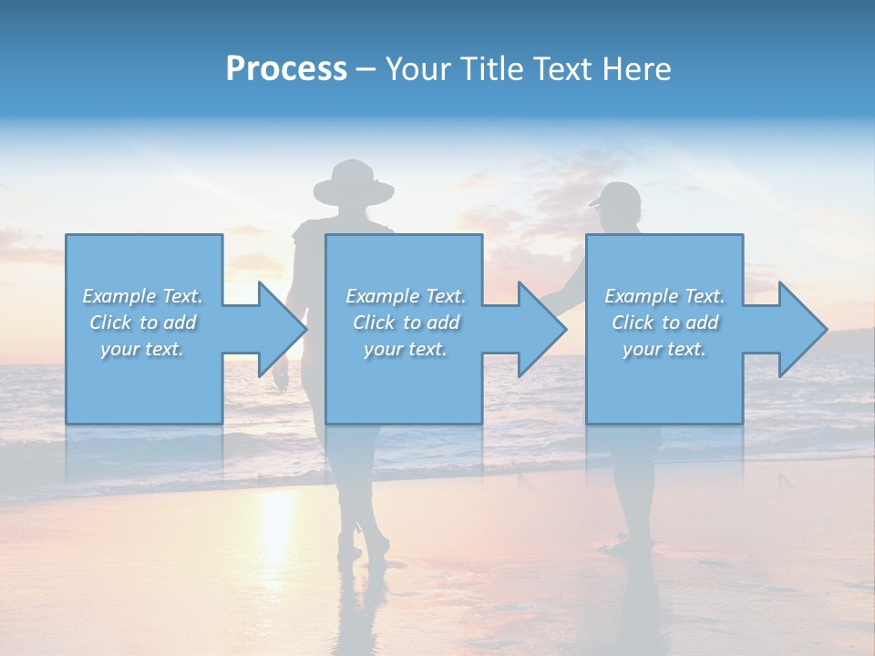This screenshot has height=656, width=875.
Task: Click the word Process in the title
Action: (x=286, y=69)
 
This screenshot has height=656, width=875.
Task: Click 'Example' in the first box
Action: (x=119, y=296)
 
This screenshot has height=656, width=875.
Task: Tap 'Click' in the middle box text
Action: (x=374, y=323)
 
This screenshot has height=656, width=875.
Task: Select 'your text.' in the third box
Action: (x=664, y=349)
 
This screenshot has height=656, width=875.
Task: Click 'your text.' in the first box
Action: (x=142, y=349)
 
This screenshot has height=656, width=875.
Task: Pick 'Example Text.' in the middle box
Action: (x=405, y=296)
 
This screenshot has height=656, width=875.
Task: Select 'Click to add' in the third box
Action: (x=664, y=323)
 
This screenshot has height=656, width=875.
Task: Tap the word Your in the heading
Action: (x=419, y=69)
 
